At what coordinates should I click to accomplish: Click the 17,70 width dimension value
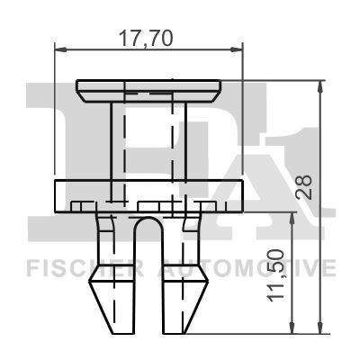(x=148, y=38)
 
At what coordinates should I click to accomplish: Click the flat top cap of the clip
(x=150, y=90)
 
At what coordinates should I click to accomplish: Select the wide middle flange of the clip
(x=149, y=195)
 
